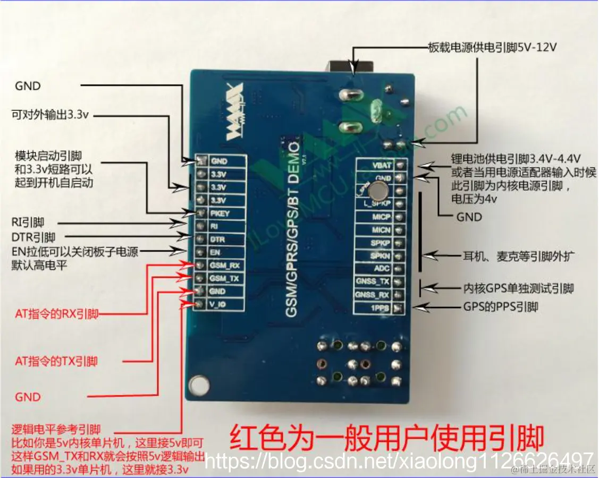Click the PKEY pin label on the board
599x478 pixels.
pos(220,214)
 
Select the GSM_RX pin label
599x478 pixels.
pos(224,266)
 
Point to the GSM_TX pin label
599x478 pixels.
pos(224,278)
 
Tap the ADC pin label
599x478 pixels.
pos(382,269)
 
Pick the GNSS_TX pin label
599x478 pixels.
pos(374,282)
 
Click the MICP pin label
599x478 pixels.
pos(381,217)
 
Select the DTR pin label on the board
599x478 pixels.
pos(217,240)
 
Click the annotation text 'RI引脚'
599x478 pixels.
pos(28,223)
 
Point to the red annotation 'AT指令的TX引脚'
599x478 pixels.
pos(56,362)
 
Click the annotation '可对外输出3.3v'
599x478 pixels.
pos(51,114)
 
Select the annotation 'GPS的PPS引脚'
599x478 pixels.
pos(500,307)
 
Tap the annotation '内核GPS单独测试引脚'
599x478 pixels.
pos(518,289)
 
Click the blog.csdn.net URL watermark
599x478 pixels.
pos(399,460)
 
